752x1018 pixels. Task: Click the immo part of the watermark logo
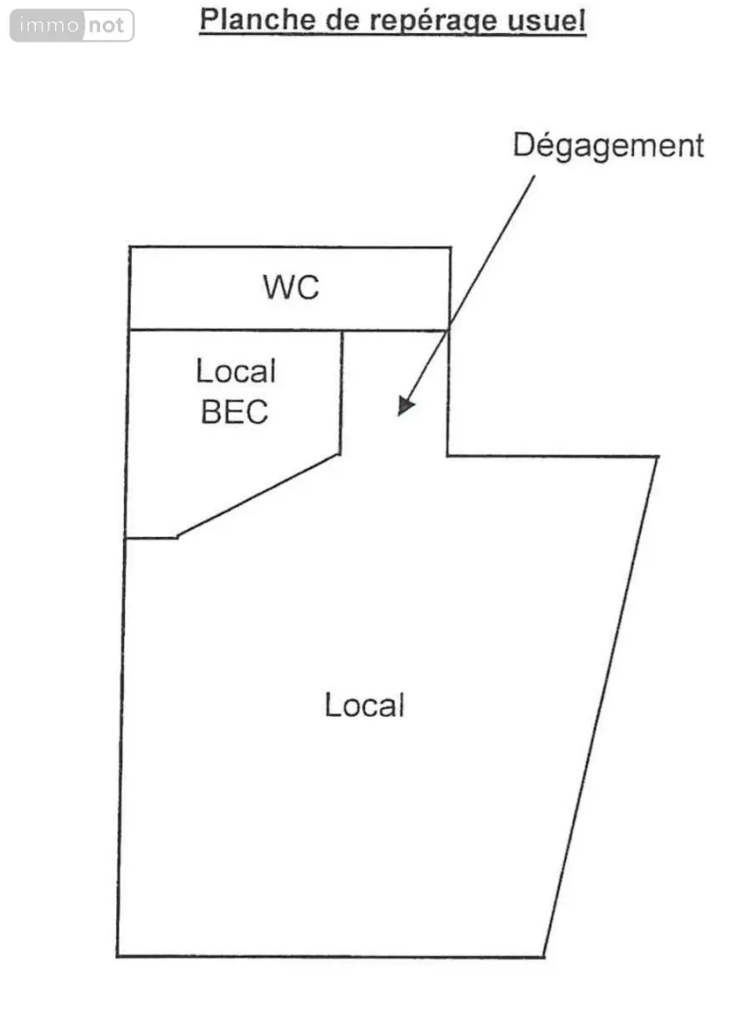pyautogui.click(x=49, y=25)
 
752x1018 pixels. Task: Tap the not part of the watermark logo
pyautogui.click(x=106, y=25)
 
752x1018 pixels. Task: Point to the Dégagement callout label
pyautogui.click(x=608, y=146)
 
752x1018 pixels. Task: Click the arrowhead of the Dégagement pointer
pyautogui.click(x=406, y=406)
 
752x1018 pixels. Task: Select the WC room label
pyautogui.click(x=291, y=288)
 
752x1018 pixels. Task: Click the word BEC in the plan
pyautogui.click(x=234, y=411)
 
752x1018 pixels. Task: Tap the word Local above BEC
pyautogui.click(x=236, y=371)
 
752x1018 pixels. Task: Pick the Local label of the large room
pyautogui.click(x=364, y=704)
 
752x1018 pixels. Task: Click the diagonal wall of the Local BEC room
pyautogui.click(x=258, y=495)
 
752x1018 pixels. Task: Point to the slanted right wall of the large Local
pyautogui.click(x=601, y=707)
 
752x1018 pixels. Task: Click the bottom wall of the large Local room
pyautogui.click(x=330, y=957)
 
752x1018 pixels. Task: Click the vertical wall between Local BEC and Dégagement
pyautogui.click(x=341, y=393)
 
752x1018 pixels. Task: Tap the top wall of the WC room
pyautogui.click(x=290, y=248)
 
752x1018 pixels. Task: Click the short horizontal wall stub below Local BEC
pyautogui.click(x=152, y=538)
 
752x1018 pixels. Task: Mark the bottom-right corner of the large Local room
pyautogui.click(x=544, y=957)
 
